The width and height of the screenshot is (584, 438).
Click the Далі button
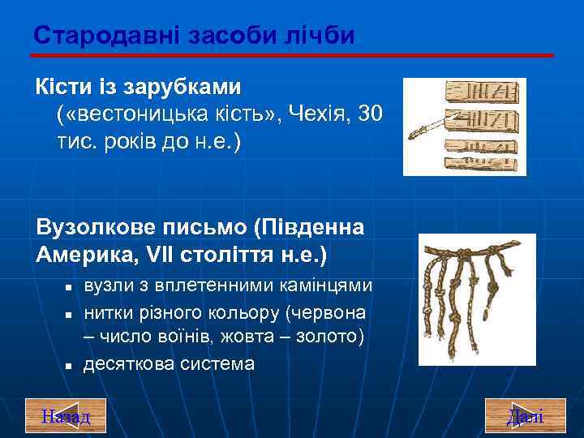click(525, 416)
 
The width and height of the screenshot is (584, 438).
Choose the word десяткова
click(129, 364)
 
